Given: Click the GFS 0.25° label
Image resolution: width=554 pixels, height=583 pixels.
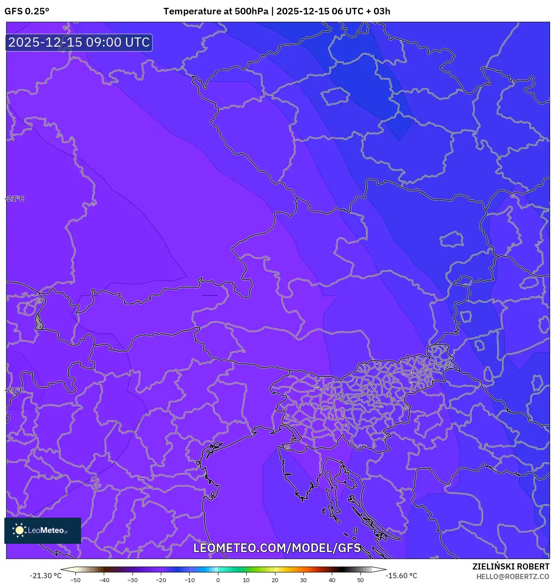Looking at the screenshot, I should click(27, 11).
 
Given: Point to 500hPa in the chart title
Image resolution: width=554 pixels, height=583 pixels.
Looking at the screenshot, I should click(251, 11).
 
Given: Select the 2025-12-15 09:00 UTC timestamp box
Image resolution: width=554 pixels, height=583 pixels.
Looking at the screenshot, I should click(79, 42).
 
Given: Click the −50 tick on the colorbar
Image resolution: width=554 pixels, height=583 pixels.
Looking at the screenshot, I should click(75, 580).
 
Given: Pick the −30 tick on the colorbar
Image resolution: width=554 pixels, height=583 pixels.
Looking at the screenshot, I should click(132, 580).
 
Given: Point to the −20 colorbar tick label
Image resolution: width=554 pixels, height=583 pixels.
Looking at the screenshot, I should click(160, 580).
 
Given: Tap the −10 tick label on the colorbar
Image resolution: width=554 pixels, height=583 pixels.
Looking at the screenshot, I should click(189, 580).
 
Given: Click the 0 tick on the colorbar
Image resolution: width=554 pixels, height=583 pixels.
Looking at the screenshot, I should click(218, 580).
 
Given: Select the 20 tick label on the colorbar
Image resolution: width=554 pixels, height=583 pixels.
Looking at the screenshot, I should click(275, 580).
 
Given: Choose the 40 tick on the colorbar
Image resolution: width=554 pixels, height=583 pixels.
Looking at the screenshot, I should click(332, 580).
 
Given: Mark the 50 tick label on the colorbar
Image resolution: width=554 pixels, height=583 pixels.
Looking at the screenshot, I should click(360, 580).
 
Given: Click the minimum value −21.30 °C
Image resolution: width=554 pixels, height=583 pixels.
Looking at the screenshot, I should click(45, 576).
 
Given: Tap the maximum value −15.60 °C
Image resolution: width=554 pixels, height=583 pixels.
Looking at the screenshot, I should click(401, 576).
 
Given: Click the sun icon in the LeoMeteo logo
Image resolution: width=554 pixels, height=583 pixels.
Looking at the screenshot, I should click(19, 530).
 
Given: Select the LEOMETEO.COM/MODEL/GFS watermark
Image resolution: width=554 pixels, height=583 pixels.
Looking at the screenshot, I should click(277, 548).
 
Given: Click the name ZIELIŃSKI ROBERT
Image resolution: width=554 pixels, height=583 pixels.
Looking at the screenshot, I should click(511, 566).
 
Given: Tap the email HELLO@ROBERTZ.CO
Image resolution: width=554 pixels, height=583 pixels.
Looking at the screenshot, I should click(513, 576).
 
